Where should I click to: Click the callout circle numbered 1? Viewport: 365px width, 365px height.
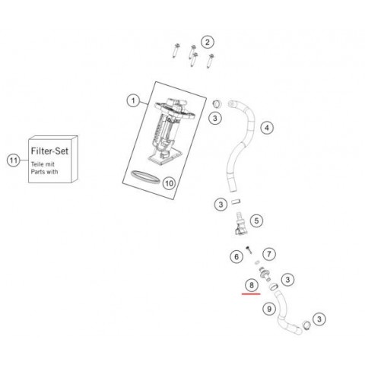(133, 101)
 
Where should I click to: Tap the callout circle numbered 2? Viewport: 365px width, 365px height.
(208, 42)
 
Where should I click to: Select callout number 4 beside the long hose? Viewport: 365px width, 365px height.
(267, 128)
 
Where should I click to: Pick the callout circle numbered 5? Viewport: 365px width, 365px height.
(256, 221)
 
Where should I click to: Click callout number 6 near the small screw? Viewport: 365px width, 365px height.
(236, 257)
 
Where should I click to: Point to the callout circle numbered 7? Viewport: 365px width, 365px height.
(269, 254)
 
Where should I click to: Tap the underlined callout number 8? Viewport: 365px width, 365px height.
(252, 285)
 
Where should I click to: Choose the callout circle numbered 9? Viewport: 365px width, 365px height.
(269, 309)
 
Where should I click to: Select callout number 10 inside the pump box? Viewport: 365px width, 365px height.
(169, 183)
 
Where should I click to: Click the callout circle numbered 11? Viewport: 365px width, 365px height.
(14, 160)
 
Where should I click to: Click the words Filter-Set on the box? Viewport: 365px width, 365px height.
(49, 151)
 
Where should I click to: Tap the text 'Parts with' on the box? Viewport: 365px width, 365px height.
(44, 172)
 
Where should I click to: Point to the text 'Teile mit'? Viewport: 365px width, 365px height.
(43, 164)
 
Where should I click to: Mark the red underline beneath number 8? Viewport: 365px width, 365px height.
(251, 294)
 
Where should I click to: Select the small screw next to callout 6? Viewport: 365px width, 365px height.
(249, 249)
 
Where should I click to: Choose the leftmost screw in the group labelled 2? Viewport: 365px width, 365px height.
(176, 51)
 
